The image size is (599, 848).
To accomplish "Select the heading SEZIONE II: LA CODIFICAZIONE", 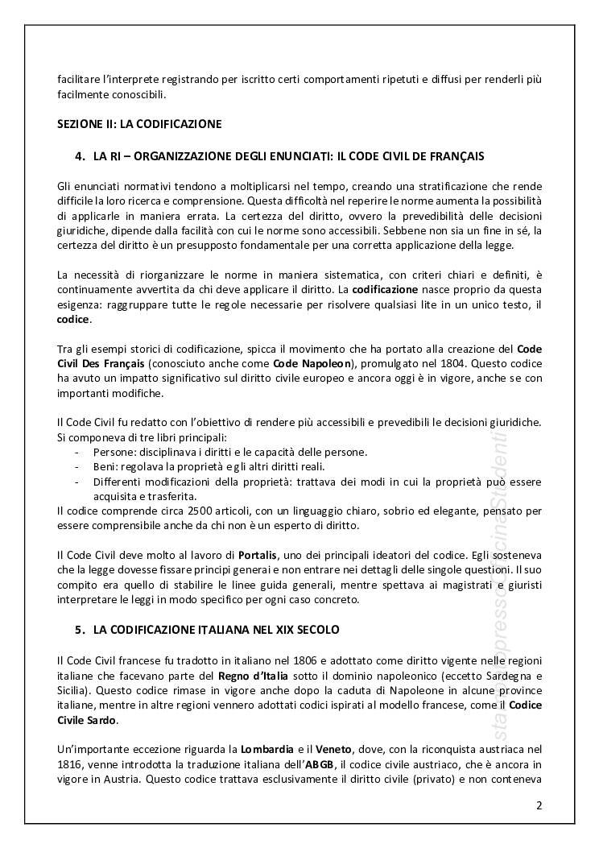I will tap(139, 124).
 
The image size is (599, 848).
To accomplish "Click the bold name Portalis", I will tap(258, 555).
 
